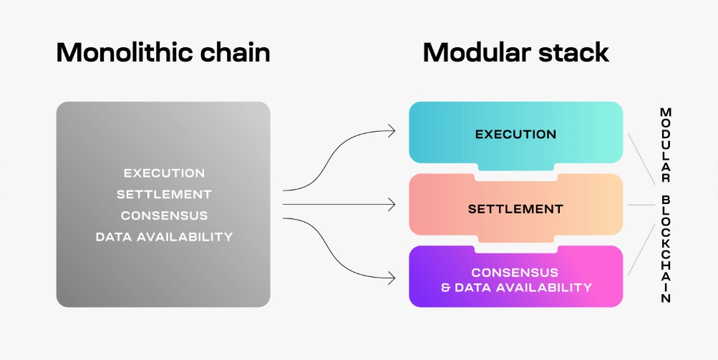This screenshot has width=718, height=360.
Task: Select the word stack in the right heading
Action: click(576, 53)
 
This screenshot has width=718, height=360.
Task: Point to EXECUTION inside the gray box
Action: click(164, 173)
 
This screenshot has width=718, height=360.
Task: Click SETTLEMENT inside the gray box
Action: click(164, 194)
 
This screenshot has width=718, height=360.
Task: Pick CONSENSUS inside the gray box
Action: click(164, 215)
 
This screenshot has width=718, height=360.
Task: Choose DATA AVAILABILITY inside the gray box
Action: click(164, 237)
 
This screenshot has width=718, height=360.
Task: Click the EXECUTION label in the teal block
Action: click(515, 134)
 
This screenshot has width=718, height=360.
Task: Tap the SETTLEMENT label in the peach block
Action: click(515, 209)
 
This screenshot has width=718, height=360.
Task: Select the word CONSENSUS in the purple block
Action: click(515, 273)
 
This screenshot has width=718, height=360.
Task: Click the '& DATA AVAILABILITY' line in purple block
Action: click(515, 288)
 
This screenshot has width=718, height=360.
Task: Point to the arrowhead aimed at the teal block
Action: click(392, 130)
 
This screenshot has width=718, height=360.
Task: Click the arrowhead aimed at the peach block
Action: click(392, 205)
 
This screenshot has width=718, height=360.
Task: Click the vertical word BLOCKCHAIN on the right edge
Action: click(666, 248)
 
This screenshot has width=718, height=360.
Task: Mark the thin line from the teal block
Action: click(641, 155)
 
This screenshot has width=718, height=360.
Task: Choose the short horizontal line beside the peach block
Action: click(641, 205)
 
